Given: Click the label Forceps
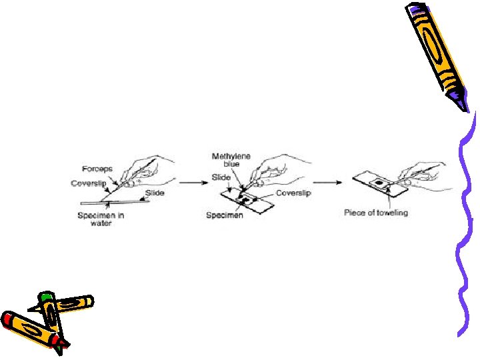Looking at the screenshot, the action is click(97, 169).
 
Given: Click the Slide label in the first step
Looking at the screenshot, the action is click(154, 193).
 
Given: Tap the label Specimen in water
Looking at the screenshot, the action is click(100, 219).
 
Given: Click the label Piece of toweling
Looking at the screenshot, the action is click(375, 213).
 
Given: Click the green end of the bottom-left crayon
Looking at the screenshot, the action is click(45, 297).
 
